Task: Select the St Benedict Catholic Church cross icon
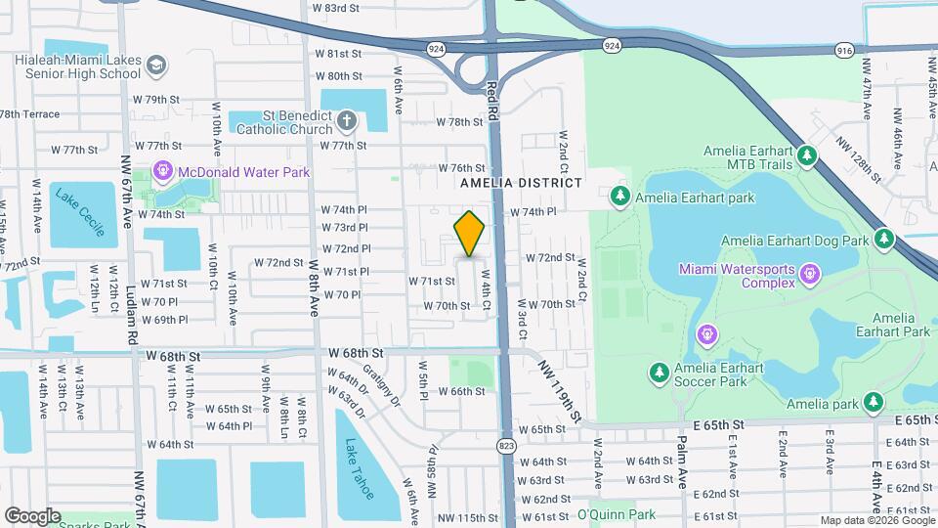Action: [346, 122]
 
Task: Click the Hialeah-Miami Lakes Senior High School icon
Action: [154, 66]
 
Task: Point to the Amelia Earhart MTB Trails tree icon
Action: [806, 155]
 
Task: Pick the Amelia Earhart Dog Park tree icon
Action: [884, 239]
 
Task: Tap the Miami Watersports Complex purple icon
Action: [809, 275]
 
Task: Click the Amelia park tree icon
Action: [874, 402]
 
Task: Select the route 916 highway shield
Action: [845, 49]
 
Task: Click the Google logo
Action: [32, 515]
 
